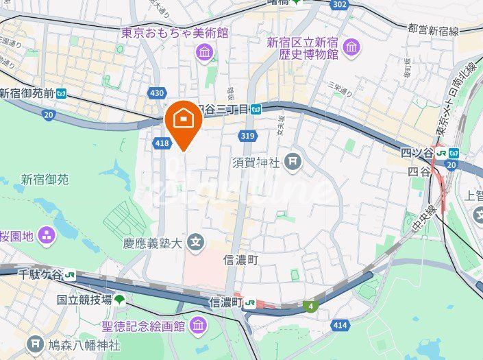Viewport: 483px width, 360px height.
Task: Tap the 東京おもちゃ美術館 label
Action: pyautogui.click(x=175, y=32)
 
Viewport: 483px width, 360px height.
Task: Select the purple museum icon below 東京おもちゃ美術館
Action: pyautogui.click(x=204, y=51)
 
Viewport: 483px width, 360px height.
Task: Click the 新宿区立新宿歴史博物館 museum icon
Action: pyautogui.click(x=351, y=47)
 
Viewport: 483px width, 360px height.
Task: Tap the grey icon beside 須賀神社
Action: pyautogui.click(x=293, y=162)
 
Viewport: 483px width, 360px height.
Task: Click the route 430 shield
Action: pyautogui.click(x=157, y=92)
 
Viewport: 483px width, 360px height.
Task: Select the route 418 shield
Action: pyautogui.click(x=162, y=143)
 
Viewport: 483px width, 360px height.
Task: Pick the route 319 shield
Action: pyautogui.click(x=247, y=136)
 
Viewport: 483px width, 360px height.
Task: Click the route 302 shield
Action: pyautogui.click(x=338, y=4)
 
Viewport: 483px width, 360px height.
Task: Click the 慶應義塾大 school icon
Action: pyautogui.click(x=197, y=242)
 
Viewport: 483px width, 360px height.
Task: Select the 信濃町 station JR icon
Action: pyautogui.click(x=252, y=302)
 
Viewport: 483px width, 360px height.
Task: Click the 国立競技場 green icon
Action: pyautogui.click(x=120, y=299)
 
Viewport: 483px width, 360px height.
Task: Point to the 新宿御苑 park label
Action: pyautogui.click(x=45, y=180)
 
